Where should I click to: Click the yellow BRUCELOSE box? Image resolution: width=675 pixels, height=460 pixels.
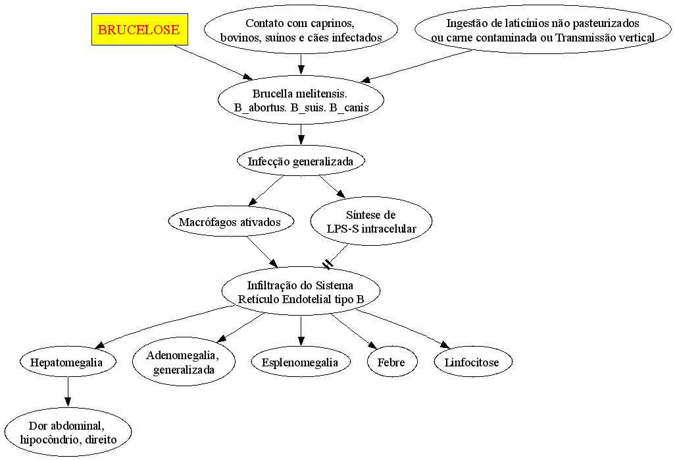(139, 29)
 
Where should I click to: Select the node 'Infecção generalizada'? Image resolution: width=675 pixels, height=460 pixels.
(301, 161)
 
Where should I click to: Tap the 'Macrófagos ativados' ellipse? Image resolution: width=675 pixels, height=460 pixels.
(230, 221)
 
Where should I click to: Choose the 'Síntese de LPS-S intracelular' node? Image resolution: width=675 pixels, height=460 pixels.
(371, 221)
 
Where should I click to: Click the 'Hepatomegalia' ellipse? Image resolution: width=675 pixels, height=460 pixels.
(68, 362)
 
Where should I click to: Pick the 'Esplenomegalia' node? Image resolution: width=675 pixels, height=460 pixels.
(300, 362)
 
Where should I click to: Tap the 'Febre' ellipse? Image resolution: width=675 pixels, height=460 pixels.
(391, 362)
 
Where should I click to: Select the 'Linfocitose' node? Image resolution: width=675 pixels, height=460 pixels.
(472, 362)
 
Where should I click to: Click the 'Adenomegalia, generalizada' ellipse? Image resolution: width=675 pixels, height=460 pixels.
(184, 362)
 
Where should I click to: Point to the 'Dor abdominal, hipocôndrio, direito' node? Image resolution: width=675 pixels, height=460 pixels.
(68, 432)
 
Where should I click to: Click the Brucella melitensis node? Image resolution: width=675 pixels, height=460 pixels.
(301, 100)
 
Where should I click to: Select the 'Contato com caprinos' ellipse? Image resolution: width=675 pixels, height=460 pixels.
(301, 29)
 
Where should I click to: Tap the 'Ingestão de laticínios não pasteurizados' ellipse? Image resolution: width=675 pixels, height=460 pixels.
(543, 29)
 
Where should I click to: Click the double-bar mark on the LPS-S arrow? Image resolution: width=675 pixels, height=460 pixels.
(328, 264)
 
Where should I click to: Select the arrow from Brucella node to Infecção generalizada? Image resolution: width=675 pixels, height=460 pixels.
(301, 135)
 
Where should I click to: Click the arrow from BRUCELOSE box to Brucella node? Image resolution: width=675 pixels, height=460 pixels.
(214, 63)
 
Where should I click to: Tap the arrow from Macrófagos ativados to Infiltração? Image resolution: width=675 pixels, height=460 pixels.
(262, 252)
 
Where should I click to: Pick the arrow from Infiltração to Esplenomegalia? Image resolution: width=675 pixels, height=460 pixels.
(301, 331)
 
